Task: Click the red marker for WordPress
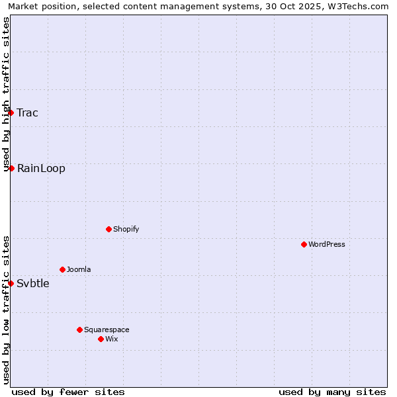tap(304, 244)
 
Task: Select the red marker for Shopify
tap(109, 229)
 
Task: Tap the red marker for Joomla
tap(62, 269)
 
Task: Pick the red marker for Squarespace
tap(79, 330)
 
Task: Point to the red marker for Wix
tap(101, 339)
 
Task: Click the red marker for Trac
tap(11, 112)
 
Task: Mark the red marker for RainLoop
tap(11, 168)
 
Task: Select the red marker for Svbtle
tap(11, 283)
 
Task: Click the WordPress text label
tap(327, 244)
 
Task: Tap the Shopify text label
tap(126, 229)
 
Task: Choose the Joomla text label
tap(79, 269)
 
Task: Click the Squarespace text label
tap(107, 330)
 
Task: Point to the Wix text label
tap(112, 339)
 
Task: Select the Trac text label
tap(28, 112)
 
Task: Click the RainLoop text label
tap(41, 168)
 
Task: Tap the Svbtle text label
tap(33, 283)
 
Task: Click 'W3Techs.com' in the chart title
tap(361, 6)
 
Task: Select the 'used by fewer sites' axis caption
tap(68, 392)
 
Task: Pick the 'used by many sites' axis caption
tap(332, 392)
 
